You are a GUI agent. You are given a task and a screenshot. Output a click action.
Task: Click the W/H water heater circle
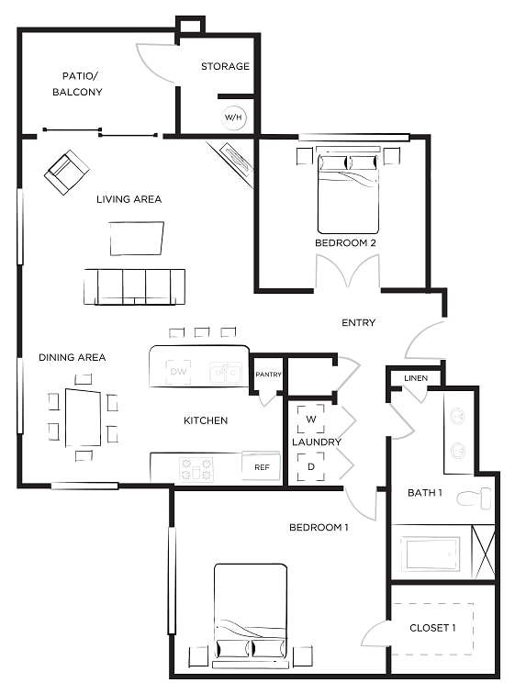coord(233,118)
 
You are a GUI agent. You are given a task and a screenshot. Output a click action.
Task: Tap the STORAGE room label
coord(225,66)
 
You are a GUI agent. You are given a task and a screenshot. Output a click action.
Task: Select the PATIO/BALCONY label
coord(77,84)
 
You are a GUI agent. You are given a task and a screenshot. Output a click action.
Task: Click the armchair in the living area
coord(67,173)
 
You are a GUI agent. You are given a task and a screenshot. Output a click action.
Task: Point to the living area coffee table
coord(137,239)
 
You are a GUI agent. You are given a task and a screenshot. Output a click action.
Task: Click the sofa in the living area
coord(135,286)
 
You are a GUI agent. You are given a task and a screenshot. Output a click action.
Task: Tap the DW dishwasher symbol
coord(178,372)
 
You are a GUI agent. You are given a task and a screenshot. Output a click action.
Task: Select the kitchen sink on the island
coord(226,372)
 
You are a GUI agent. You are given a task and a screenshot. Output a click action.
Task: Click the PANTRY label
coord(268,375)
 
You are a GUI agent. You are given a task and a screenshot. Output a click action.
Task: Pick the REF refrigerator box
coord(262,466)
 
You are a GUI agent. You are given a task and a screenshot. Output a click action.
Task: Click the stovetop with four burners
coord(196,470)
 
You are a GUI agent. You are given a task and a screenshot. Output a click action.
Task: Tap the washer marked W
coord(311,419)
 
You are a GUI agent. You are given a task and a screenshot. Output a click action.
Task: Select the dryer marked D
coord(311,466)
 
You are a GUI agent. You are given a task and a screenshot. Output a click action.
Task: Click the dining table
coord(84,418)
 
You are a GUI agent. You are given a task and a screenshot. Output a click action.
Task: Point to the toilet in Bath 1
coord(474,498)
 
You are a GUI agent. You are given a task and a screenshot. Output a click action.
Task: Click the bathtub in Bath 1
coord(430,554)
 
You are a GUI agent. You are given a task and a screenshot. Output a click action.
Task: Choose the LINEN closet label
coord(416,378)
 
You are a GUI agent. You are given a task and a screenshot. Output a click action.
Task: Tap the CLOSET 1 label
coord(432,628)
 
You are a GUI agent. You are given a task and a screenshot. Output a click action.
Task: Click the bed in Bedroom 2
coord(348,194)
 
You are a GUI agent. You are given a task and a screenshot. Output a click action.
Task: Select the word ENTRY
coord(358,322)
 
